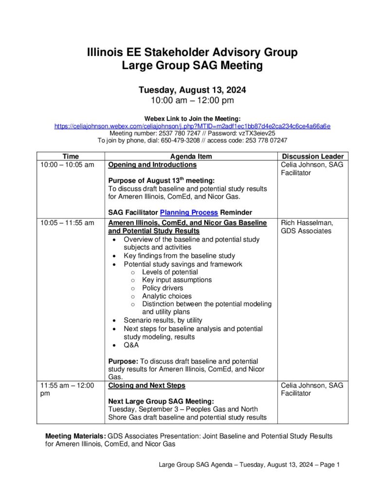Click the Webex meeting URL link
point(192,126)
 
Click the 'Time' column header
point(71,156)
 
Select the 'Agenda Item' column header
point(191,156)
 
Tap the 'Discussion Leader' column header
point(313,156)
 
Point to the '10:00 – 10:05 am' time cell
point(67,165)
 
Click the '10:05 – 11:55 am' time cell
point(67,223)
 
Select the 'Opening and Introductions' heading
point(152,165)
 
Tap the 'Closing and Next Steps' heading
point(147,385)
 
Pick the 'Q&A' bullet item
point(131,345)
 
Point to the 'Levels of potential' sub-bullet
point(170,272)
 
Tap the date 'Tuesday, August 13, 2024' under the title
point(192,90)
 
